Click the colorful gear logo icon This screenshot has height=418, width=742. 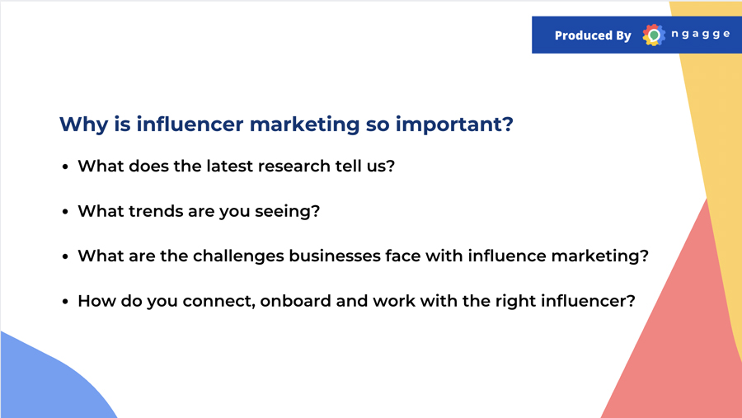pos(654,35)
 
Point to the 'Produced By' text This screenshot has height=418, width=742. pos(593,35)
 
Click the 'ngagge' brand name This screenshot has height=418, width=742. pos(700,34)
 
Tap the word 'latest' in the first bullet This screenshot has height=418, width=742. pos(229,167)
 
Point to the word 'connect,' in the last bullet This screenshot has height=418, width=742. pos(219,302)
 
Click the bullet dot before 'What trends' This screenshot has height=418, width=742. pos(65,212)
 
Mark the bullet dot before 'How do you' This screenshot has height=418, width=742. pos(65,302)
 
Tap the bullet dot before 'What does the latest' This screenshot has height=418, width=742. pos(65,167)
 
